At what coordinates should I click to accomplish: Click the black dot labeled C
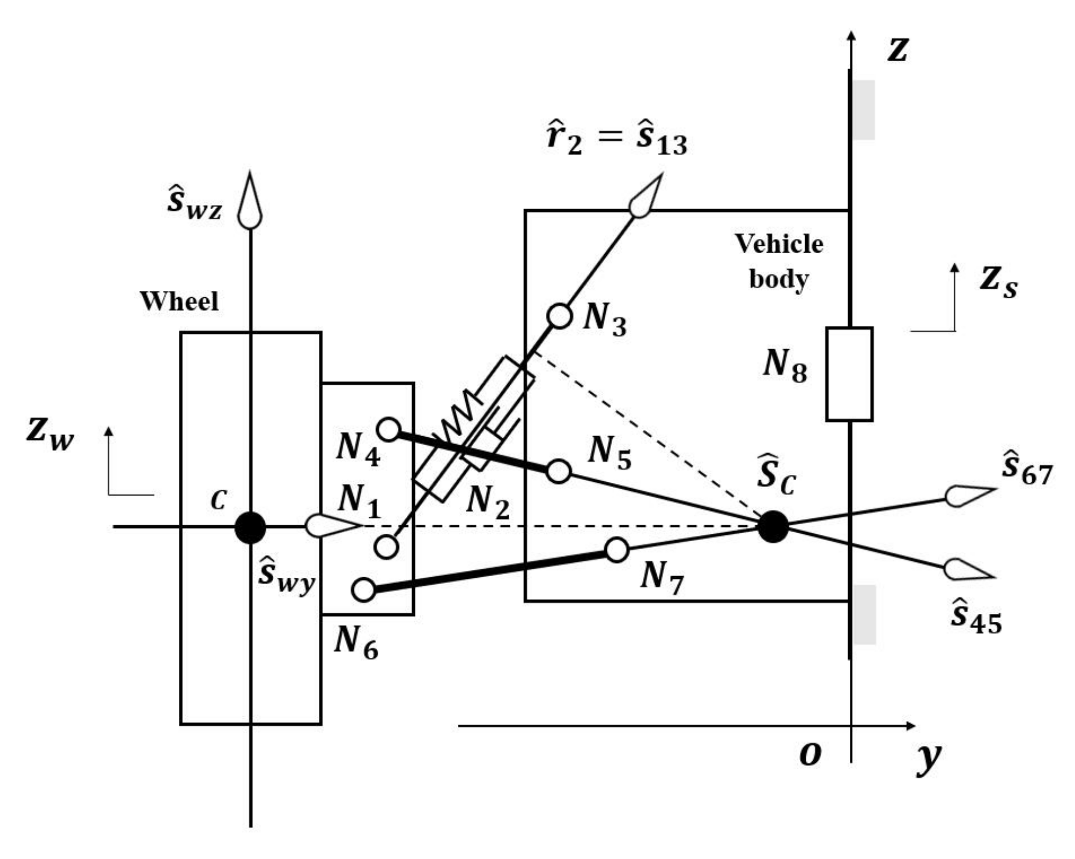(x=250, y=527)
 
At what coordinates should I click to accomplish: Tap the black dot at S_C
(x=773, y=526)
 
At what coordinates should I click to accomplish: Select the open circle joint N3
(x=559, y=315)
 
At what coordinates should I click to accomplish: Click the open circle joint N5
(x=558, y=472)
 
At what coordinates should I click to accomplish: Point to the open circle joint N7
(x=616, y=550)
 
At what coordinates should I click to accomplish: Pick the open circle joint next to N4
(x=389, y=429)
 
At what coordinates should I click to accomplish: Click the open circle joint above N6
(x=363, y=589)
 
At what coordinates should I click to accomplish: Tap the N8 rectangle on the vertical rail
(x=849, y=374)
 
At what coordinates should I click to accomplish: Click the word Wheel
(x=179, y=301)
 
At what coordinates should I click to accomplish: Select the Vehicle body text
(x=778, y=261)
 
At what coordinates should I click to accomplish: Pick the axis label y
(x=928, y=757)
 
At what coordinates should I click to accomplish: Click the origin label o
(x=810, y=754)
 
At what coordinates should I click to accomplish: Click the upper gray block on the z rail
(x=864, y=110)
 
